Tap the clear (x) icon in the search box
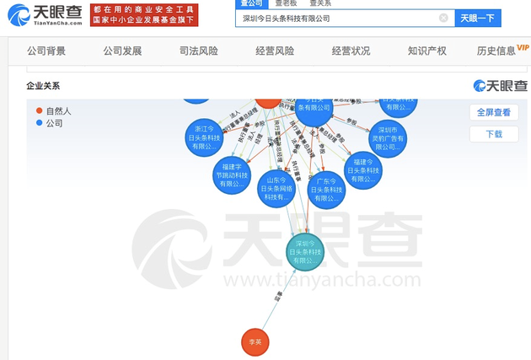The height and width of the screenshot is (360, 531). [x=443, y=18]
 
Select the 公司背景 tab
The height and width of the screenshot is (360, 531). [x=46, y=51]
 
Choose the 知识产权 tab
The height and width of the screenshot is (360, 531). [x=426, y=51]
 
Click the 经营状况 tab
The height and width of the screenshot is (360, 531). [x=351, y=51]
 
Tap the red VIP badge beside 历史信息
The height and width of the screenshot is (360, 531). [x=524, y=47]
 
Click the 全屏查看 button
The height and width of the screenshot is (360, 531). [x=493, y=111]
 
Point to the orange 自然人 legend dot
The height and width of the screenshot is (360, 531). [x=39, y=110]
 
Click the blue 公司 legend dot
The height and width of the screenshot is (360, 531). [x=39, y=123]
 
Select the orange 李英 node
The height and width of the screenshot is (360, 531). [x=255, y=342]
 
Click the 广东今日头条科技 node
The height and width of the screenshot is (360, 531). [x=325, y=191]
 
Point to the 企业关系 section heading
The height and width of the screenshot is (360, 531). [x=44, y=86]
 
